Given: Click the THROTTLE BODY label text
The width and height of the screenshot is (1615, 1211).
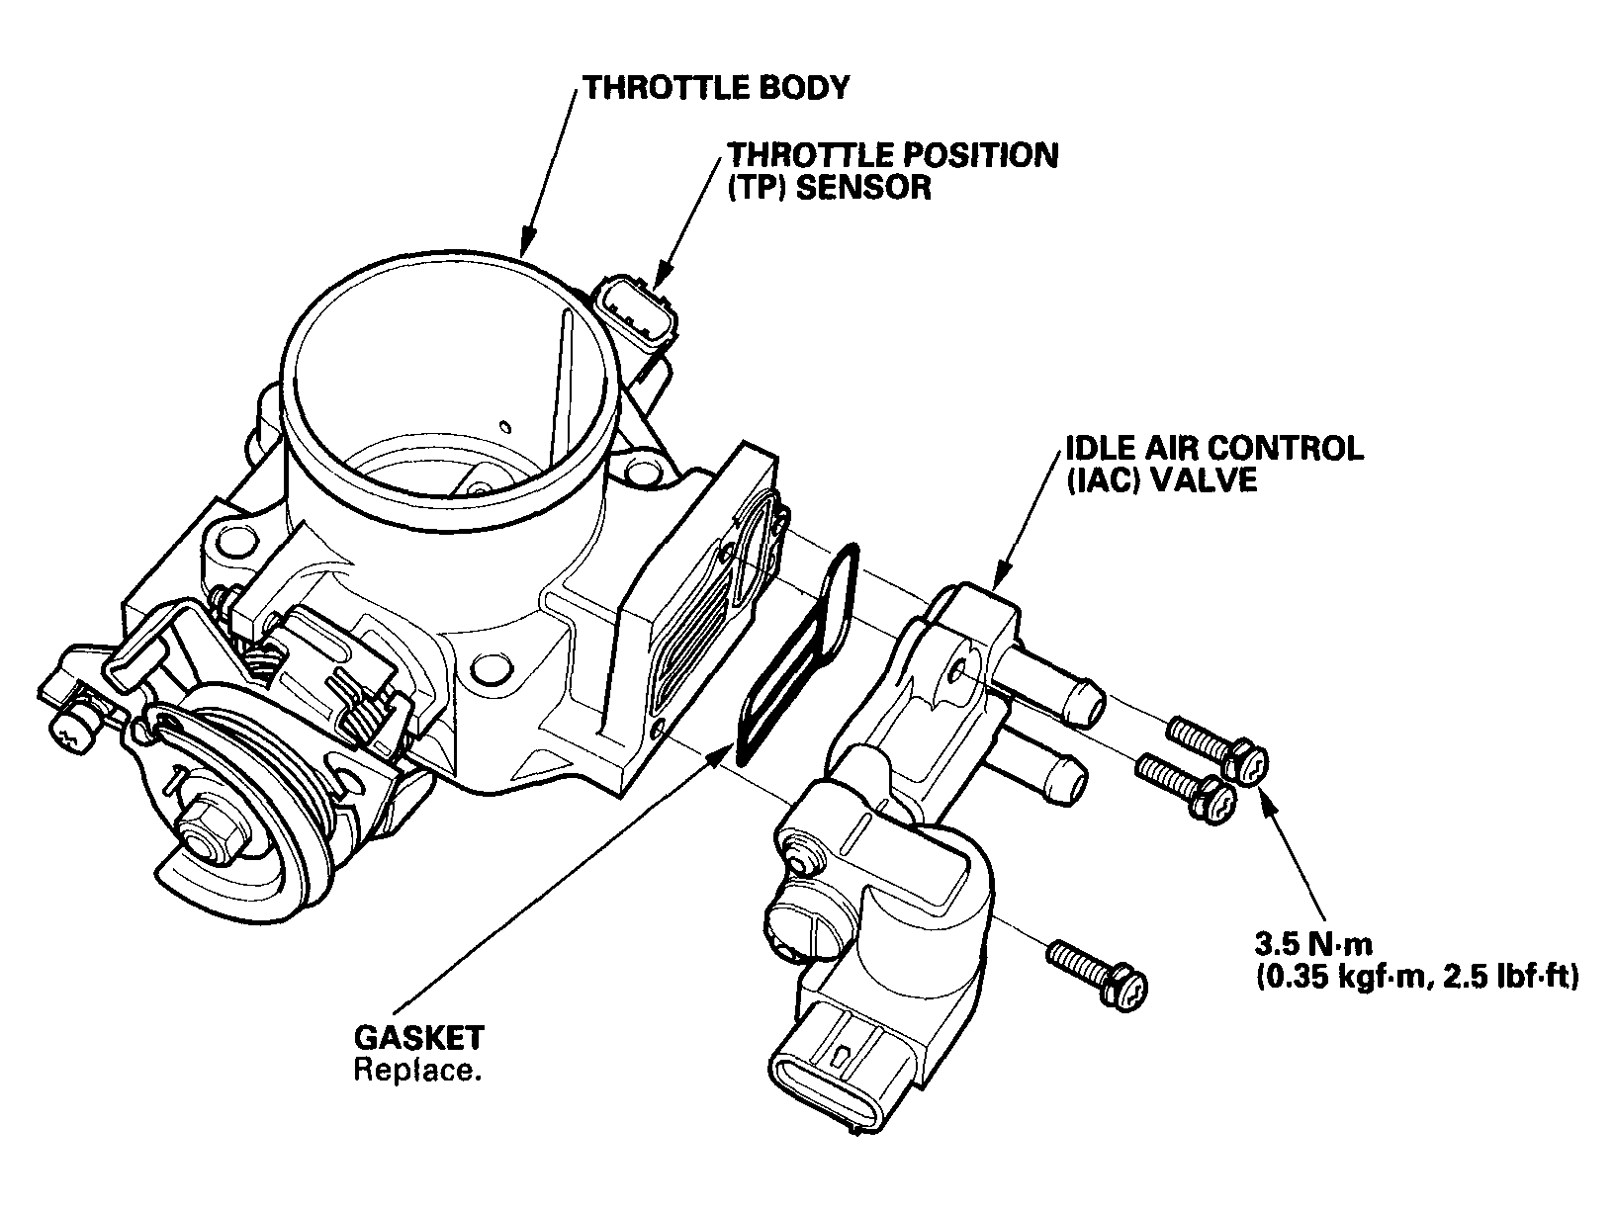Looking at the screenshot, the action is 716,88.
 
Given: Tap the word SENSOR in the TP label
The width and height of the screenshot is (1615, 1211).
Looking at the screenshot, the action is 864,188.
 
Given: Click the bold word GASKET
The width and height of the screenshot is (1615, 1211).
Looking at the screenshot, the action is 418,1037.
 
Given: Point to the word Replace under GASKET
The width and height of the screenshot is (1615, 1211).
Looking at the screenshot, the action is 417,1070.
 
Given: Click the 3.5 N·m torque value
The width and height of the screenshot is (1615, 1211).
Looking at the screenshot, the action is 1313,943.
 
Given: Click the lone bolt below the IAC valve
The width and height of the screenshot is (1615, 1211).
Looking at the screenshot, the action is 1097,976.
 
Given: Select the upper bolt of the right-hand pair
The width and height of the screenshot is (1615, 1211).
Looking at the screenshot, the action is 1217,750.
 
